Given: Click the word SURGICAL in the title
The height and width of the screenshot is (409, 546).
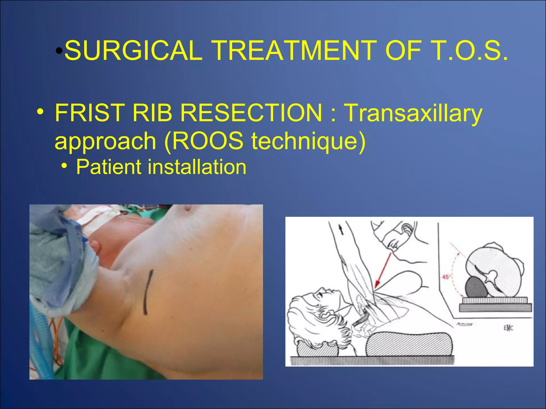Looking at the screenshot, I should click(133, 51).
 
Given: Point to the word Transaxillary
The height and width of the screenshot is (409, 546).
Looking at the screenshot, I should click(413, 113).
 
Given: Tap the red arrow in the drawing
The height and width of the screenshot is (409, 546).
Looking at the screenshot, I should click(383, 272).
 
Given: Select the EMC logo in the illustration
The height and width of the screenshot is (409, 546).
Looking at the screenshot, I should click(508, 328).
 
